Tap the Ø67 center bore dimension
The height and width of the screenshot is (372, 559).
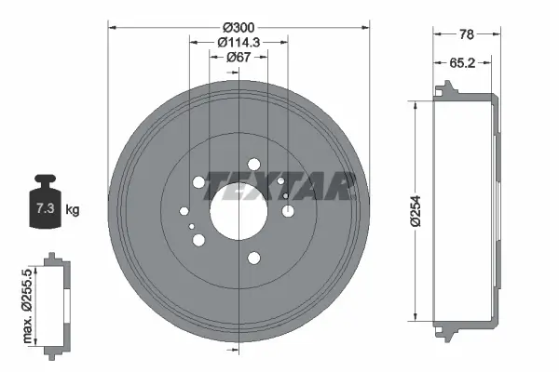pos(239,57)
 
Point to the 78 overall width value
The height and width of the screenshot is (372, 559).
pos(467,33)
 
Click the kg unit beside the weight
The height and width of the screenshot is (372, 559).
pos(73,210)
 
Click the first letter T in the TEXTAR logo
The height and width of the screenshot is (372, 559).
pos(215,186)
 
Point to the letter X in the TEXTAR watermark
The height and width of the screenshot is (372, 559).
pos(260,186)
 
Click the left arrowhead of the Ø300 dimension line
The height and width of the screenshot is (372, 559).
pos(113,25)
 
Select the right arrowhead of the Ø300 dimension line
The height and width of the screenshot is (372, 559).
pos(366,25)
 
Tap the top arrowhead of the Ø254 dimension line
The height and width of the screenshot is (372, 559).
pos(411,100)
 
